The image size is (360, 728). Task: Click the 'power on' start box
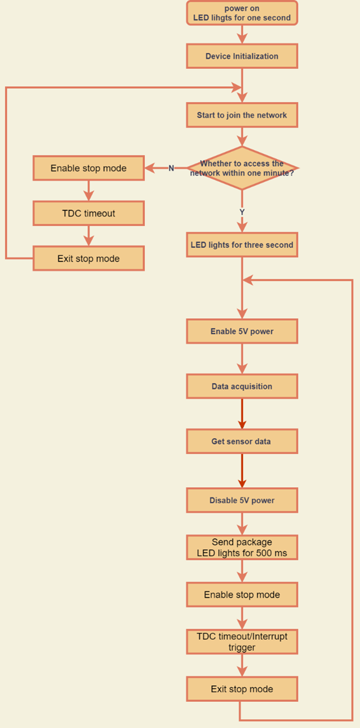pos(242,12)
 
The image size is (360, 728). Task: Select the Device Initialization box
pos(242,56)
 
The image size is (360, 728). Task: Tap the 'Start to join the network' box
pos(242,115)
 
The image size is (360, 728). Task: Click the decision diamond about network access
pos(242,168)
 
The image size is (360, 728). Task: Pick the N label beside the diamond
pos(171,168)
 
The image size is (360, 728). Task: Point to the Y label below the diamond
pos(242,212)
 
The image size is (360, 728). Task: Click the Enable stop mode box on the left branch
pos(88,168)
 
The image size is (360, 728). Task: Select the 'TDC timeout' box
pos(88,214)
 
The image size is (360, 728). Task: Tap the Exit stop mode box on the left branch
pos(88,258)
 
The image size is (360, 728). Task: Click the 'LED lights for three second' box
pos(242,245)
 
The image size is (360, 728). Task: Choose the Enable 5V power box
pos(242,331)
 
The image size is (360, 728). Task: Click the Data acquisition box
pos(242,386)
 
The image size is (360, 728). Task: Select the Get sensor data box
pos(242,441)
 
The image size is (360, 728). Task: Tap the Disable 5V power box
pos(242,501)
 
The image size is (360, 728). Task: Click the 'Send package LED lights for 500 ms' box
pos(242,548)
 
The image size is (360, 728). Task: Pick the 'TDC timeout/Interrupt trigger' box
pos(242,642)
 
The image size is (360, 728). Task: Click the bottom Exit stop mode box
pos(242,688)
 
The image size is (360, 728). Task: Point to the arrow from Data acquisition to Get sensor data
pos(242,414)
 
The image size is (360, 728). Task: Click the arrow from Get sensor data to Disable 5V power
pos(242,471)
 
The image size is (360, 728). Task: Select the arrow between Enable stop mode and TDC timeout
pos(88,191)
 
